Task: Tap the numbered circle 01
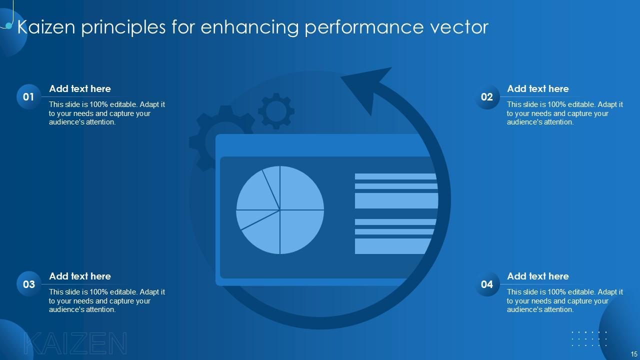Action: pos(29,97)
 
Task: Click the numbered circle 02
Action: pos(487,97)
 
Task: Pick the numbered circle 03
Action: pos(29,284)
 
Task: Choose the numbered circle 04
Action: pos(487,284)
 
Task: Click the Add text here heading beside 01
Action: pos(80,89)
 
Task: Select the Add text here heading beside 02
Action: pos(538,89)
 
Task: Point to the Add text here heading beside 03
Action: pos(80,276)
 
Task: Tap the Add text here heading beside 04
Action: pos(538,276)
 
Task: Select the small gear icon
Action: pos(276,110)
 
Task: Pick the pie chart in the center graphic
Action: pos(280,210)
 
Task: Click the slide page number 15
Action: pos(634,353)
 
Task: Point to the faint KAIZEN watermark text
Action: pos(75,344)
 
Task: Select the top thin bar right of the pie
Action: pos(395,176)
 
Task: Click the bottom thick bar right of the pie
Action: pos(393,246)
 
